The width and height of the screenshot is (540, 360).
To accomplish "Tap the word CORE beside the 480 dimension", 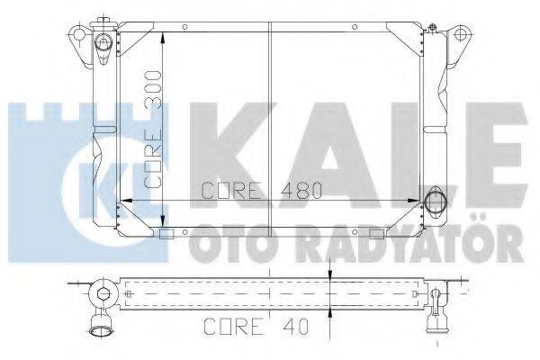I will tap(231, 192).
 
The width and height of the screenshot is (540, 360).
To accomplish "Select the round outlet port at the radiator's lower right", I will tap(436, 200).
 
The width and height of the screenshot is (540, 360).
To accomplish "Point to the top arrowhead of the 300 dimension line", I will tap(162, 38).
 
